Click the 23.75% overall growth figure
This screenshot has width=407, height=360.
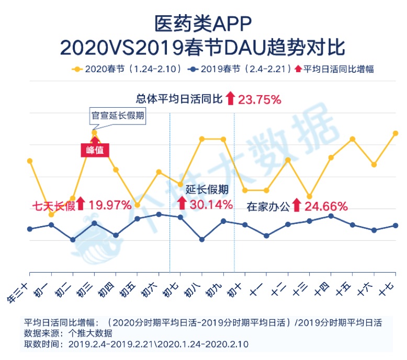click(260, 99)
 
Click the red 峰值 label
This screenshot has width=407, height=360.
click(95, 150)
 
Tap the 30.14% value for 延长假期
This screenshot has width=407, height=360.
click(211, 205)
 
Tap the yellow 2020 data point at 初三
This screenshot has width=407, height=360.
click(95, 133)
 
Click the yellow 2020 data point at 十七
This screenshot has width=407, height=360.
click(395, 133)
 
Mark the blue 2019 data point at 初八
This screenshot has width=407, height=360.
click(202, 240)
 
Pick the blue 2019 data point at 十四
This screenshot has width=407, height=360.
click(331, 216)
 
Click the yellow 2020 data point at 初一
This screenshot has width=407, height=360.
click(51, 215)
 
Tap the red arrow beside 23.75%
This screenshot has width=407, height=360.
click(230, 98)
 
